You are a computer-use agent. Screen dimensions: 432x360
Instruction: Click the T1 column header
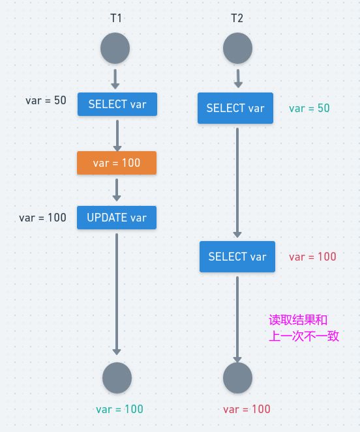pyautogui.click(x=116, y=18)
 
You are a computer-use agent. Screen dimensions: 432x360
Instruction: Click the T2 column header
pyautogui.click(x=237, y=18)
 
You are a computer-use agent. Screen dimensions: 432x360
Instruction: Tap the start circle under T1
pyautogui.click(x=115, y=48)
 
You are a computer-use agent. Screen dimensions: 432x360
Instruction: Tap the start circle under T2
pyautogui.click(x=237, y=48)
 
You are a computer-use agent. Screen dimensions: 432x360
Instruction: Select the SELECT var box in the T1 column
pyautogui.click(x=117, y=104)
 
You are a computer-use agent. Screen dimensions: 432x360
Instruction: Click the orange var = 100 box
pyautogui.click(x=117, y=163)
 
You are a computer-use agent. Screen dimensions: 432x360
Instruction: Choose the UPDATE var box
pyautogui.click(x=117, y=218)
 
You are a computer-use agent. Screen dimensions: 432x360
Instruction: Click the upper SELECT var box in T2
pyautogui.click(x=235, y=108)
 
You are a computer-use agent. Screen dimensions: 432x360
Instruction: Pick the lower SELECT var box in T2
pyautogui.click(x=237, y=257)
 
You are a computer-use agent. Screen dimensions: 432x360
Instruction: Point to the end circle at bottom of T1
pyautogui.click(x=117, y=378)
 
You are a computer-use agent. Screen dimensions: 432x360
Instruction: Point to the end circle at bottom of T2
pyautogui.click(x=237, y=378)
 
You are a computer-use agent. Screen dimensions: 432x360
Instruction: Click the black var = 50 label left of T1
pyautogui.click(x=46, y=100)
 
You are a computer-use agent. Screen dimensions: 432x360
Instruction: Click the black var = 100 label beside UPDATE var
pyautogui.click(x=42, y=218)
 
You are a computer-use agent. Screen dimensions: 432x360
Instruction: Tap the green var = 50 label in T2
pyautogui.click(x=309, y=108)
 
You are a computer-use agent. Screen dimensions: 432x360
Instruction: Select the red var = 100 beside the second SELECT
pyautogui.click(x=312, y=257)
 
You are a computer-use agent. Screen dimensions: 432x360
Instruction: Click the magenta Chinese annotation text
pyautogui.click(x=304, y=328)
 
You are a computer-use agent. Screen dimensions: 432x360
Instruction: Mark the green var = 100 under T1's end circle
pyautogui.click(x=119, y=409)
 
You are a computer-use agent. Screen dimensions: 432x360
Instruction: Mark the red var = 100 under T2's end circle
pyautogui.click(x=247, y=409)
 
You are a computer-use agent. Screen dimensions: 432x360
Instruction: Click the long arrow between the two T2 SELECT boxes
pyautogui.click(x=237, y=182)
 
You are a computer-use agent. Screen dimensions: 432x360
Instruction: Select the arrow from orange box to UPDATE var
pyautogui.click(x=117, y=190)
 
